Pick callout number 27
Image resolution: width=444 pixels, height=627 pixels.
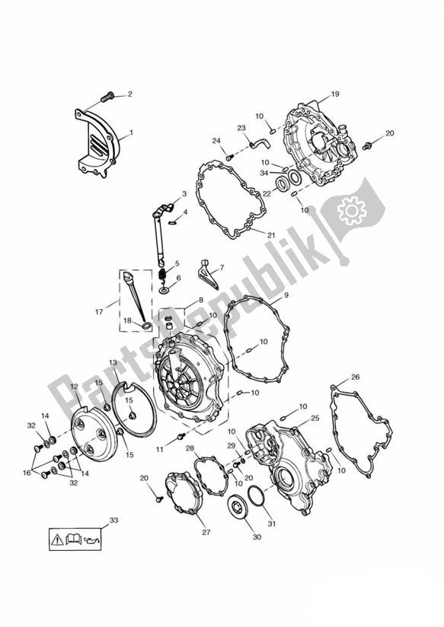click(205, 533)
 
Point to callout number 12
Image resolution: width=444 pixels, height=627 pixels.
click(74, 387)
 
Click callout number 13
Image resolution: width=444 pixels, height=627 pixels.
click(113, 363)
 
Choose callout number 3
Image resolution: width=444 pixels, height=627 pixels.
click(184, 194)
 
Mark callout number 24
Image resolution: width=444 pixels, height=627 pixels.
click(216, 141)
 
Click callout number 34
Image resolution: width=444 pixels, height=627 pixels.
click(264, 173)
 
